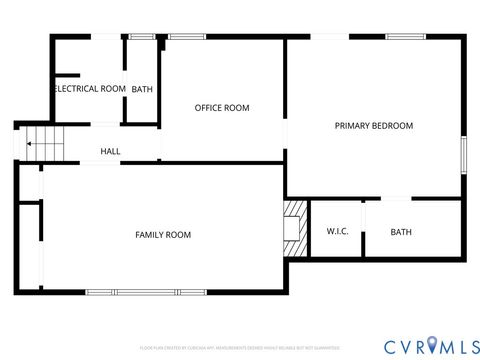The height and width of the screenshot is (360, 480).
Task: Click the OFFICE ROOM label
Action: [x=222, y=108]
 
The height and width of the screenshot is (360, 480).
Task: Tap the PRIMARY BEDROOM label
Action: [x=373, y=126]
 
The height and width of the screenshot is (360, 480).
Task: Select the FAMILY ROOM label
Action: [x=163, y=234]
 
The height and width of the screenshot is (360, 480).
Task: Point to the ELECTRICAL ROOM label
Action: [x=90, y=89]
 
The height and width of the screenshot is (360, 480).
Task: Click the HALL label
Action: [x=110, y=152]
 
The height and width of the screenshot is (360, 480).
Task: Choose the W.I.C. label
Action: [x=337, y=232]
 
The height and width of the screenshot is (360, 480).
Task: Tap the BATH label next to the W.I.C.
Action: [x=401, y=232]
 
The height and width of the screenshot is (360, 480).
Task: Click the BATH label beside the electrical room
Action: [x=142, y=89]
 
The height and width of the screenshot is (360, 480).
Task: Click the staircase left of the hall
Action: [x=44, y=144]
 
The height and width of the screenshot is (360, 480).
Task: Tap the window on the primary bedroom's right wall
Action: [x=463, y=155]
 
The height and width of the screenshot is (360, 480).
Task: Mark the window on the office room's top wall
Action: [x=186, y=37]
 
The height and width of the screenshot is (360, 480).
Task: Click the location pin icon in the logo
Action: [x=432, y=345]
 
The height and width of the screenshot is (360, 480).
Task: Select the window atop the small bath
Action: [x=142, y=37]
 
